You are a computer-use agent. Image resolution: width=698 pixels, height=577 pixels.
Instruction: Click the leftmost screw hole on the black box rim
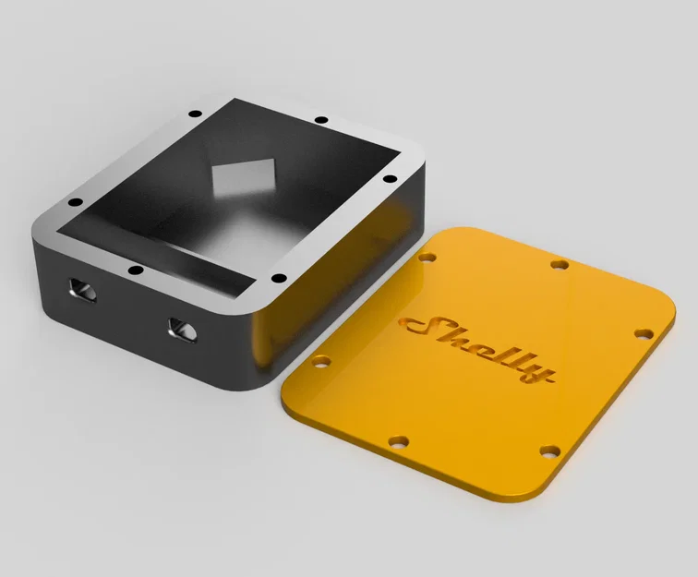76,202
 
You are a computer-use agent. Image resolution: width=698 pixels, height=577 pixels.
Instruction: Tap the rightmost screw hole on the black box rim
390,178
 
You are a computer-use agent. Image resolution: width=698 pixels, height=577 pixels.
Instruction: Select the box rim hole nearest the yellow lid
279,278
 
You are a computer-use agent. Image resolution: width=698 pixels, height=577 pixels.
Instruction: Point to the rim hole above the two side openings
135,270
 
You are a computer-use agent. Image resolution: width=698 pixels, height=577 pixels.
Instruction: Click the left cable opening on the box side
82,290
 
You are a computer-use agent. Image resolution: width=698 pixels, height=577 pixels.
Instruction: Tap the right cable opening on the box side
182,330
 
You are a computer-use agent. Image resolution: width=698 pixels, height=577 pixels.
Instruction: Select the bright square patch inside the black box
244,176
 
